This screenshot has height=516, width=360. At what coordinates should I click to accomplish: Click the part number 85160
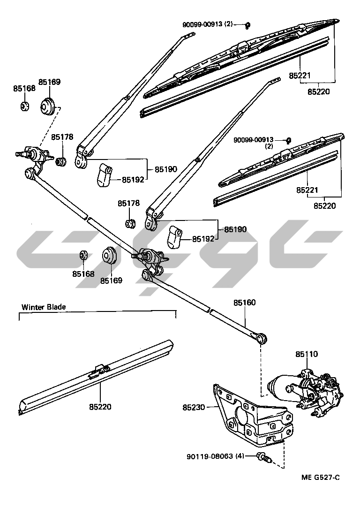coord(245,303)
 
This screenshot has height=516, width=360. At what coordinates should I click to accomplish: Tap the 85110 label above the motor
coord(306,354)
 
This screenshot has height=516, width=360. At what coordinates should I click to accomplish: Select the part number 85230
coord(194,408)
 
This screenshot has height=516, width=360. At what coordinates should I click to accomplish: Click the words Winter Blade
coord(44,307)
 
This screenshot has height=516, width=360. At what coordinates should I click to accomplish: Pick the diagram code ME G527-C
coord(321,478)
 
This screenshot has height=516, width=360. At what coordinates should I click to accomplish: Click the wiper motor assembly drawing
coord(305,389)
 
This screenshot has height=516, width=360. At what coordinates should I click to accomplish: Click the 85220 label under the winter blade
coord(99,407)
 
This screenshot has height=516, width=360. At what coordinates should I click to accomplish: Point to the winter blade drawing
coord(96,375)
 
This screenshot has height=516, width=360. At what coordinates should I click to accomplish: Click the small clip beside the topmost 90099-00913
coord(248,25)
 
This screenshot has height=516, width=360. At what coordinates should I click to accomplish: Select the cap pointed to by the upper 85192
coord(104,175)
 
